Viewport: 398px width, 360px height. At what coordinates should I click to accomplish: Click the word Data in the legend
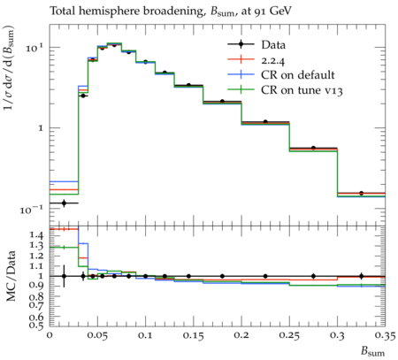[273, 45]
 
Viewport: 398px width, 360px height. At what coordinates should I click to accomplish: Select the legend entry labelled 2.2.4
[273, 60]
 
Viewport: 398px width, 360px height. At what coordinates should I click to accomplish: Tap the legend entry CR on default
[298, 75]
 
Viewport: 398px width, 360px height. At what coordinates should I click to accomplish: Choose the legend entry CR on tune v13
[302, 90]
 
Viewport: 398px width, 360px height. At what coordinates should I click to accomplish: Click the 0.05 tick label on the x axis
[98, 335]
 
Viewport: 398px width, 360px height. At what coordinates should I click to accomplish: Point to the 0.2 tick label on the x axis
[241, 335]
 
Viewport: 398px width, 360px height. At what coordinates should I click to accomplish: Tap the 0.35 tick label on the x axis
[385, 335]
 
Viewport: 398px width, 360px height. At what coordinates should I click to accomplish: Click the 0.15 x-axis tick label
[194, 335]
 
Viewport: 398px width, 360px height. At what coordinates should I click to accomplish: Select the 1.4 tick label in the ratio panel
[37, 235]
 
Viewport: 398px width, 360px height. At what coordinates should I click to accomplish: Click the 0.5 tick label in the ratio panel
[37, 325]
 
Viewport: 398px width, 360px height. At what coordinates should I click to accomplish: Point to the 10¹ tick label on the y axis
[34, 47]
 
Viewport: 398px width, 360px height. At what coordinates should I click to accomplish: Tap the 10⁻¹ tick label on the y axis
[31, 210]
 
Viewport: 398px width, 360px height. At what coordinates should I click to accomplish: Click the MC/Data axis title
[11, 276]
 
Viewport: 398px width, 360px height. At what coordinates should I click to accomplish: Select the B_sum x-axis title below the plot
[373, 351]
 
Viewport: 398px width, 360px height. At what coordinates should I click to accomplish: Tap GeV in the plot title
[280, 11]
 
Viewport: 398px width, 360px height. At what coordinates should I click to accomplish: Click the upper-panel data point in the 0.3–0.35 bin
[361, 193]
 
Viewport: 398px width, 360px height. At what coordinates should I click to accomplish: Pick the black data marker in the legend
[241, 44]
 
